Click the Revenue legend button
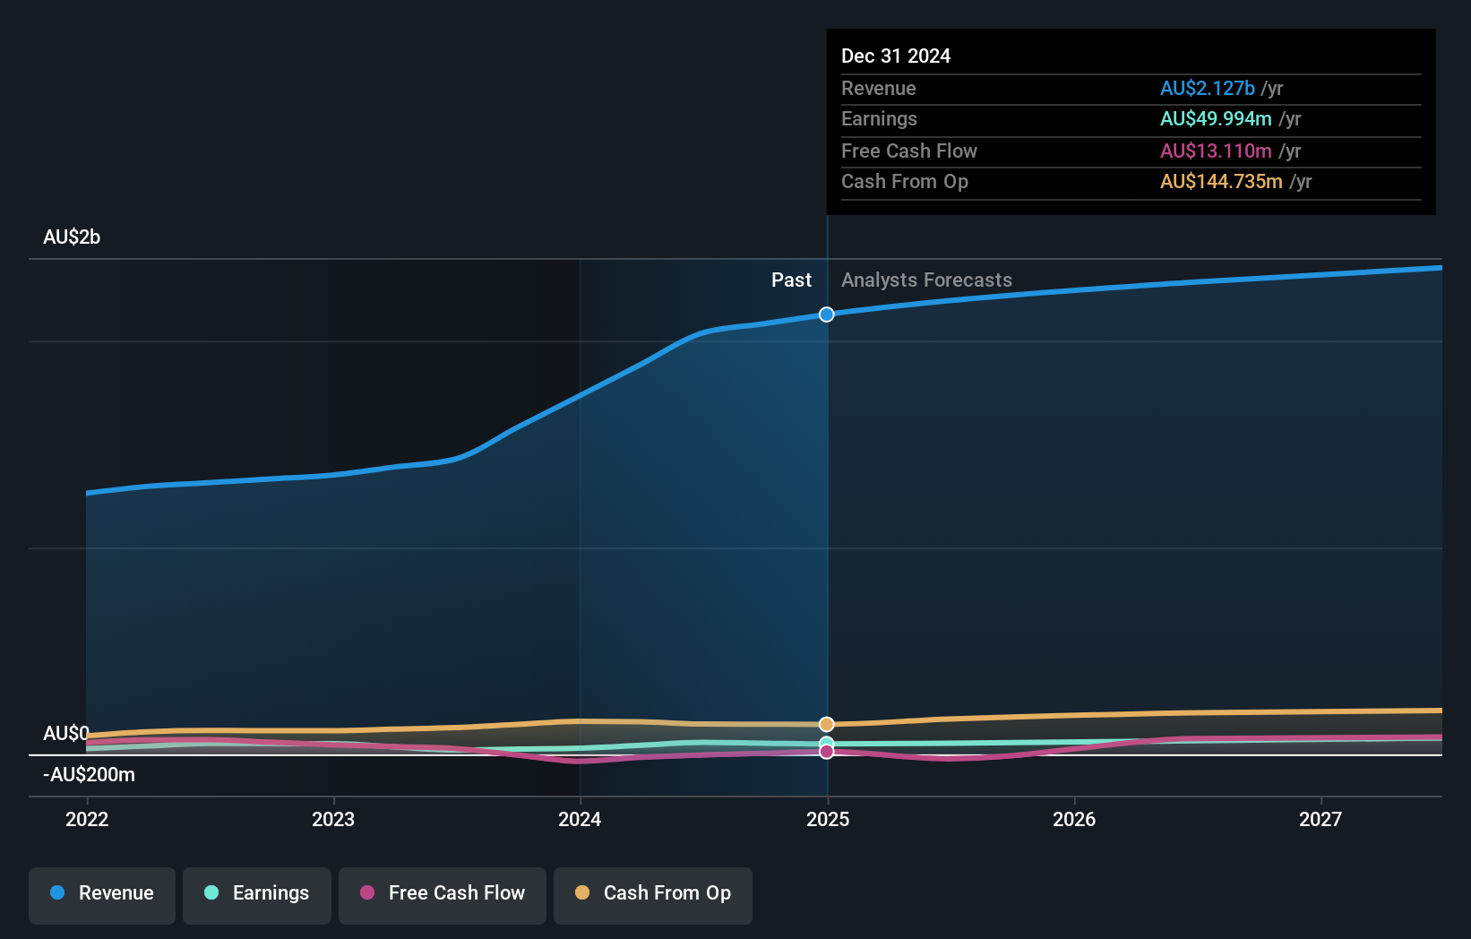click(x=102, y=893)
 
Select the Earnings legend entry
click(x=257, y=893)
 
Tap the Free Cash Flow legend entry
click(x=443, y=893)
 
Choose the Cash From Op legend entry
click(x=653, y=893)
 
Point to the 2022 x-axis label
click(x=87, y=819)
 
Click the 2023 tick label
click(x=333, y=819)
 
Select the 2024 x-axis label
click(x=580, y=819)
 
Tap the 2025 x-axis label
click(x=828, y=819)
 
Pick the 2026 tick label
click(x=1074, y=819)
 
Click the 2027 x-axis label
click(x=1320, y=819)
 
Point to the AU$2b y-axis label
click(x=72, y=237)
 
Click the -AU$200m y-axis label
click(x=89, y=775)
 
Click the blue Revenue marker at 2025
click(x=827, y=314)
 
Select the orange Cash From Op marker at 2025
click(x=827, y=724)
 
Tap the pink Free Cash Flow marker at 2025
click(x=827, y=752)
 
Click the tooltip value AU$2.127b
click(x=1207, y=89)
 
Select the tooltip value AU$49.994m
click(x=1216, y=119)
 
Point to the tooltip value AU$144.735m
click(x=1221, y=182)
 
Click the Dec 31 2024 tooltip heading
click(x=896, y=56)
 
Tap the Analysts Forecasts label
click(x=926, y=280)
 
